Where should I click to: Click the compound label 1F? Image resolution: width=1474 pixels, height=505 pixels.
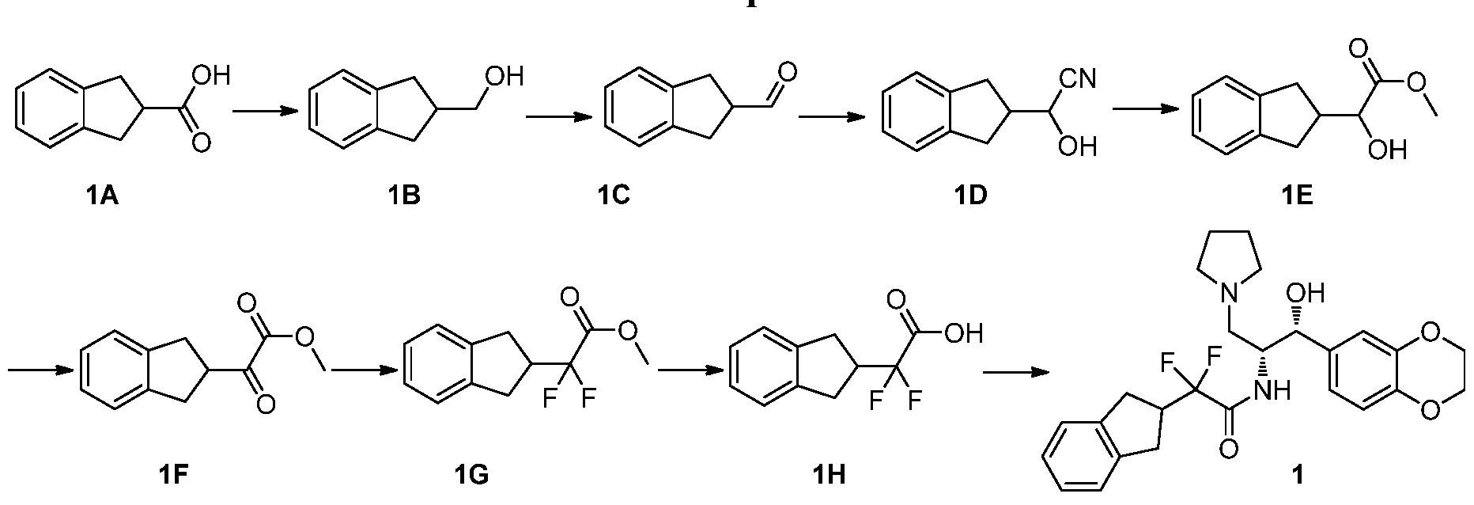[173, 475]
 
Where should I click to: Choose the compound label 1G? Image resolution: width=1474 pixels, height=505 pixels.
[472, 475]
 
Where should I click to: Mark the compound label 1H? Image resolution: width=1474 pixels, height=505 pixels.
[828, 475]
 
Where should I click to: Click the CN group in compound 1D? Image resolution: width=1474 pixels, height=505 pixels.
[1076, 79]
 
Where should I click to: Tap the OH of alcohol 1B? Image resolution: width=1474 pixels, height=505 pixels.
[507, 77]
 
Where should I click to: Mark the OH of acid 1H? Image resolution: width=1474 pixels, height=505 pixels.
[964, 332]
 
